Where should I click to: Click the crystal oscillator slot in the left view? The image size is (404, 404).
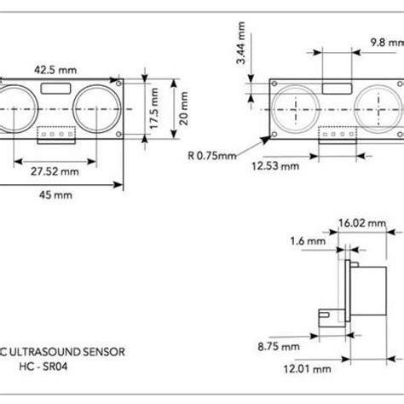click(55, 87)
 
